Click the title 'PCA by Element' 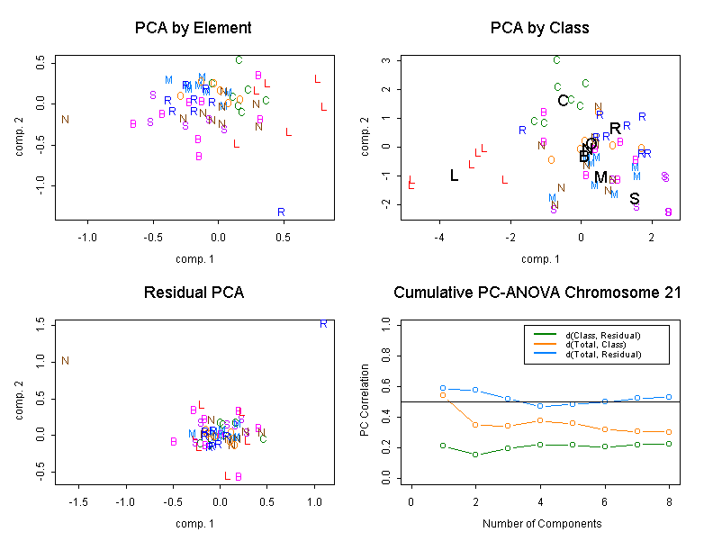(x=193, y=28)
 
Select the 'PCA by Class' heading (x=539, y=28)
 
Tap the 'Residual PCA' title (x=193, y=293)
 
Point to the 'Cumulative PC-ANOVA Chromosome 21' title (x=537, y=293)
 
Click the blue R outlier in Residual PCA (x=323, y=323)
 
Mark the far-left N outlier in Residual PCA (x=65, y=361)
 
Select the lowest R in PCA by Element (x=281, y=212)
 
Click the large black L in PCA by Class (x=454, y=176)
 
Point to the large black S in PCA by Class (x=635, y=199)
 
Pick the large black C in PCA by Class (x=563, y=101)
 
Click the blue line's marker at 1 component (x=443, y=388)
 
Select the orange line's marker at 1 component (x=443, y=395)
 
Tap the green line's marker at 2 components (x=475, y=455)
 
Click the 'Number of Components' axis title (x=539, y=523)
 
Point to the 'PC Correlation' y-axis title (x=365, y=401)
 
